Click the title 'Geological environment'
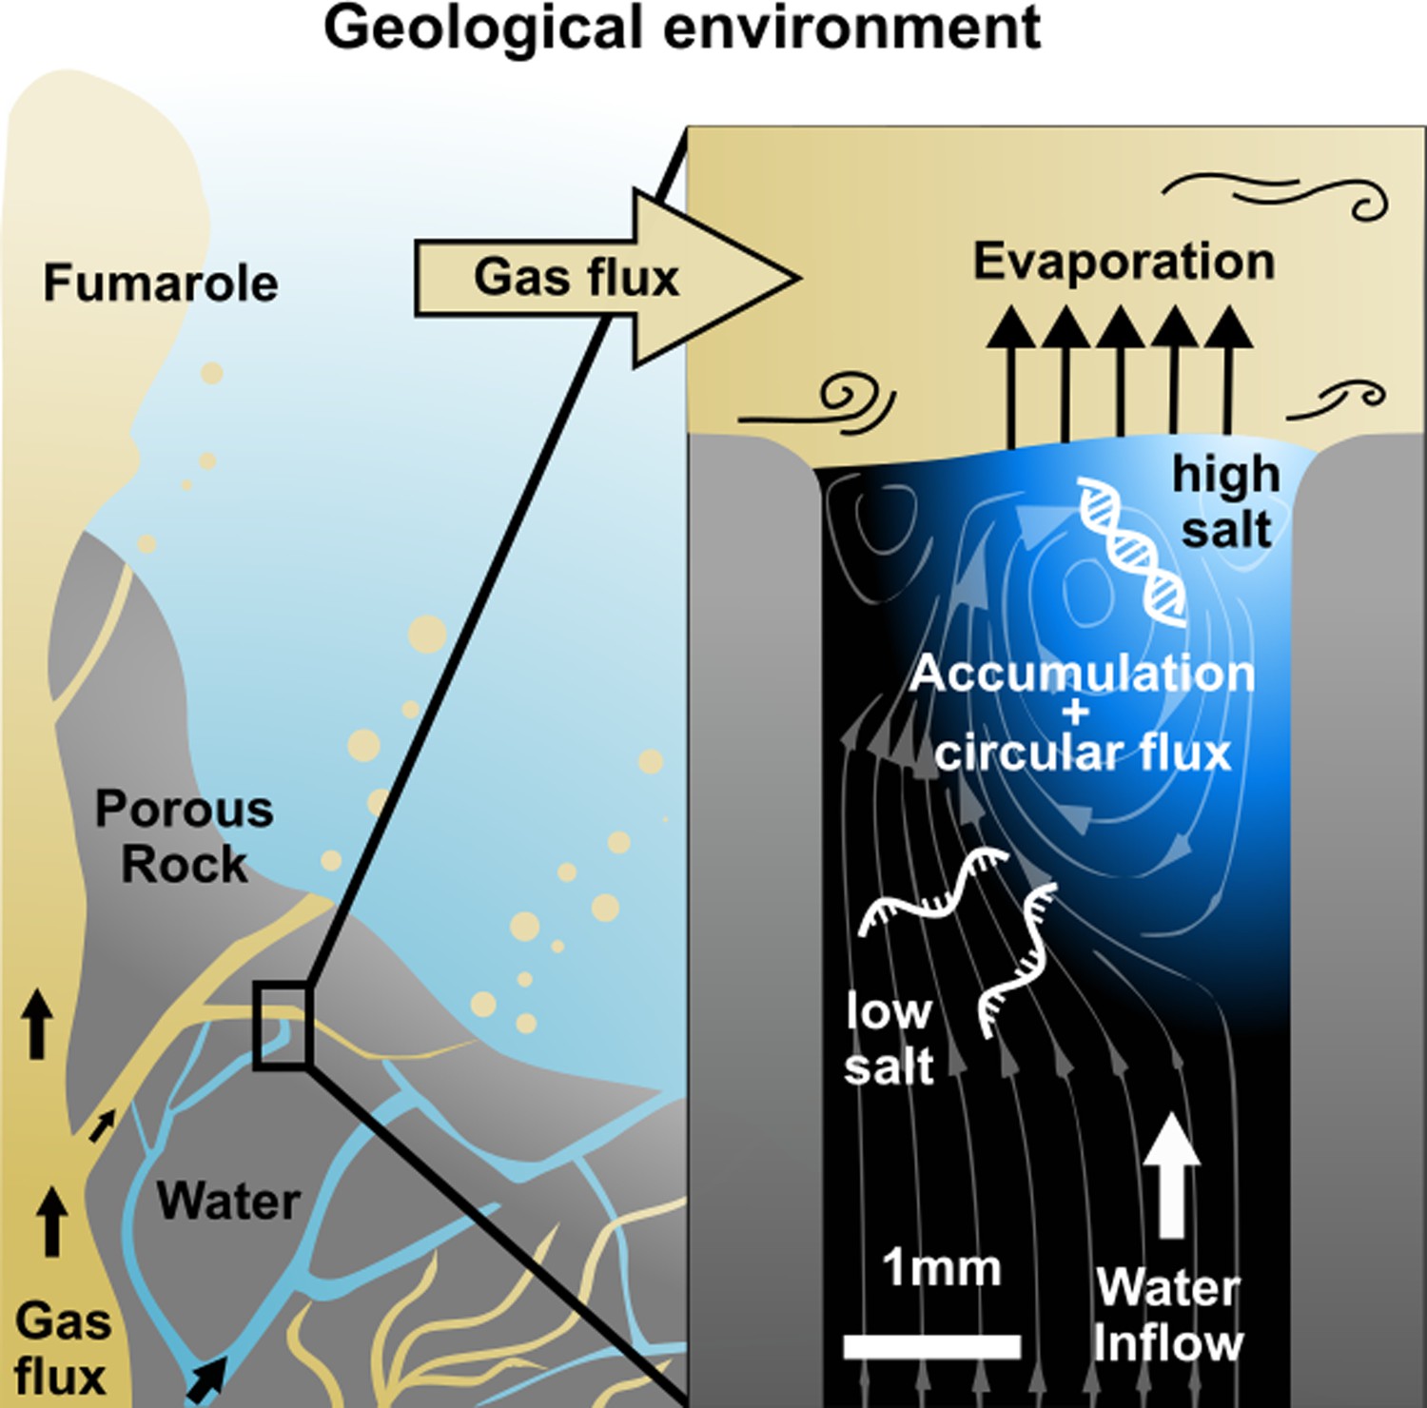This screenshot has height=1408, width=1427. click(682, 29)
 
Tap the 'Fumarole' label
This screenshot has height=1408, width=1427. click(161, 284)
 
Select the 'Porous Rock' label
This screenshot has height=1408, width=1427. click(185, 837)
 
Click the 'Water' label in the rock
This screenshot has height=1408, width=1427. click(228, 1201)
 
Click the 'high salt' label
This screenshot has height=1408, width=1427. click(1226, 501)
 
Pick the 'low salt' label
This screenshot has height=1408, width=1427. click(889, 1039)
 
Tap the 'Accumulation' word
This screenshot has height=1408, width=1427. click(1083, 674)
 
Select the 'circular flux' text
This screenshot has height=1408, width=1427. click(1083, 753)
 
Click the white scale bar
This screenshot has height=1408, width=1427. click(931, 1346)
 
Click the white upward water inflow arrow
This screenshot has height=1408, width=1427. click(1172, 1176)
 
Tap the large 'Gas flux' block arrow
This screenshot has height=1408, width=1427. click(607, 278)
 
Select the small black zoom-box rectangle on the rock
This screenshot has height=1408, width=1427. click(282, 1025)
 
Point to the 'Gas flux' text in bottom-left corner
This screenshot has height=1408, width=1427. click(61, 1349)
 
